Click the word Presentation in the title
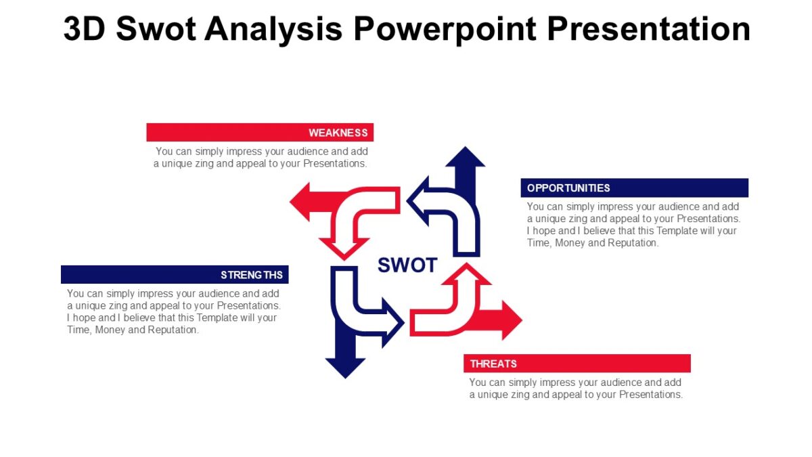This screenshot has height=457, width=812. pyautogui.click(x=648, y=29)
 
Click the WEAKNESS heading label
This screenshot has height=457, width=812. pyautogui.click(x=338, y=133)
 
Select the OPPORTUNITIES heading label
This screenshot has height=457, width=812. pyautogui.click(x=568, y=188)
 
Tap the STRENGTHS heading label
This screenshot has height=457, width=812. pyautogui.click(x=252, y=275)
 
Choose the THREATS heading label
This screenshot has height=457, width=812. pyautogui.click(x=493, y=364)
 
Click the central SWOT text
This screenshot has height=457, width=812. pyautogui.click(x=407, y=265)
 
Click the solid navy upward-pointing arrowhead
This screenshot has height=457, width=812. pyautogui.click(x=465, y=157)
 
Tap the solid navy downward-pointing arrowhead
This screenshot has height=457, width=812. pyautogui.click(x=345, y=366)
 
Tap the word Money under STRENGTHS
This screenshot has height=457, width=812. pyautogui.click(x=110, y=330)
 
